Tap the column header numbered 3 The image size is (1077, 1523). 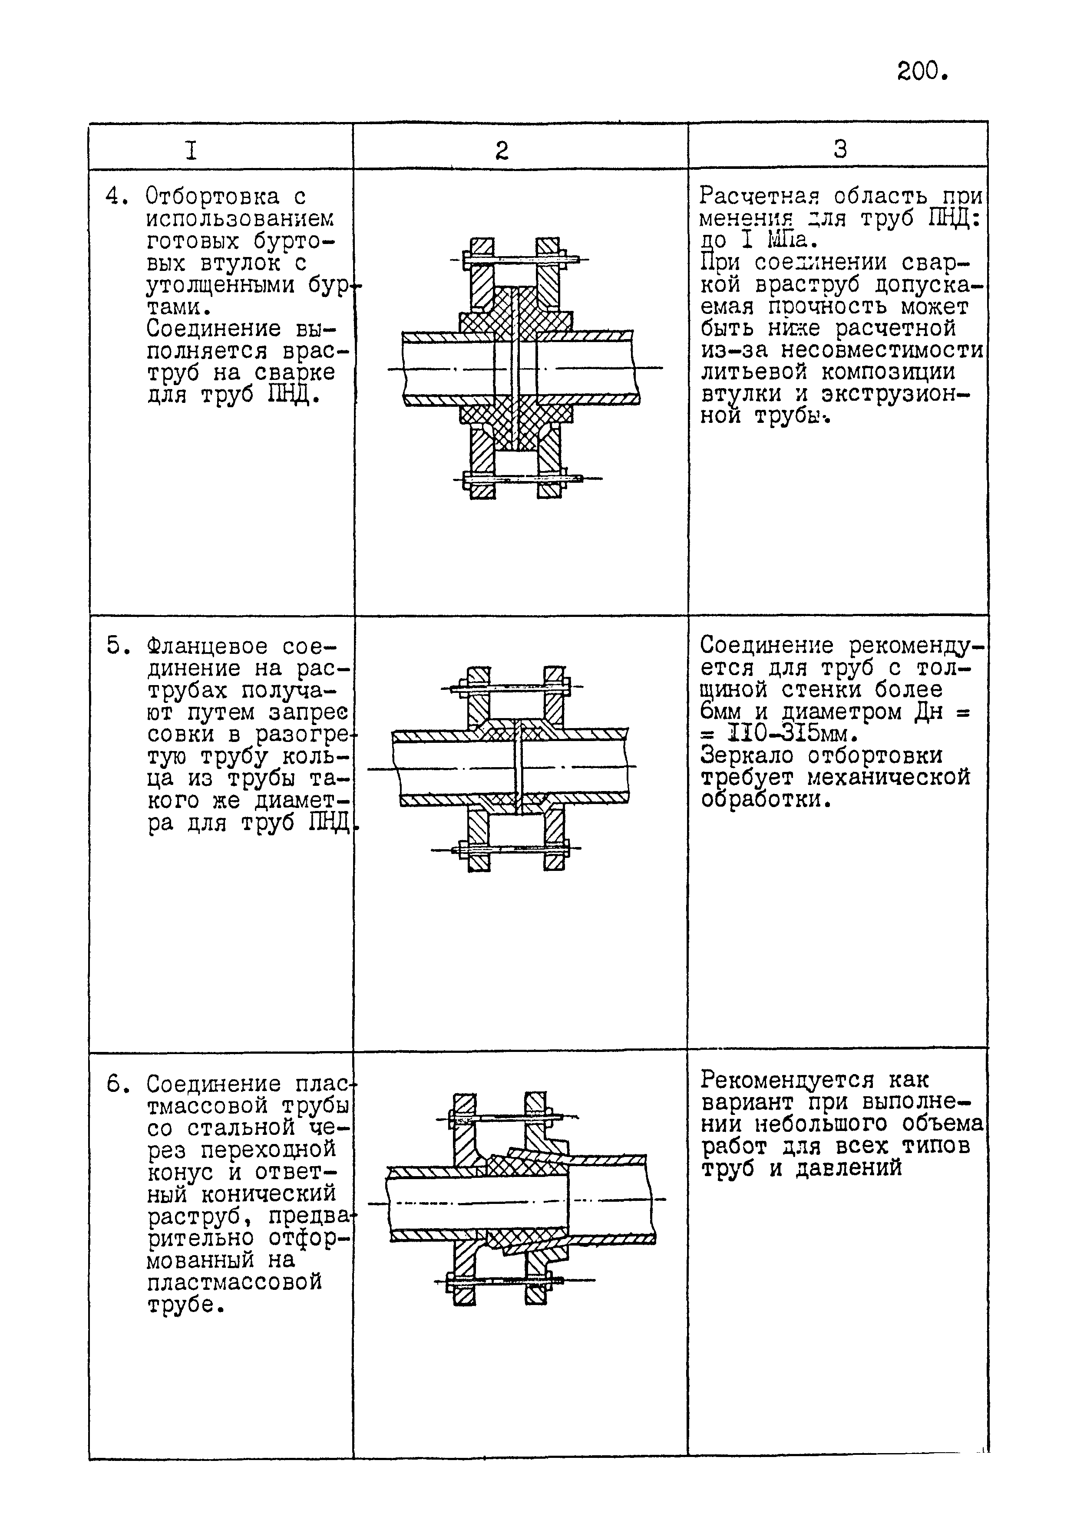click(840, 148)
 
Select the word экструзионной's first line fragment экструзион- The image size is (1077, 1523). click(896, 395)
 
